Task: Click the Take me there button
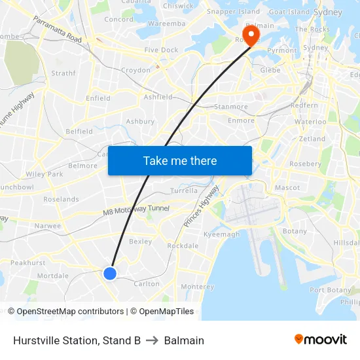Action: pos(180,160)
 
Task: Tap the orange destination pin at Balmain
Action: pos(251,34)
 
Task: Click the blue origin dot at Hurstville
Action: pos(110,274)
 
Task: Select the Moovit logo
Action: pos(321,340)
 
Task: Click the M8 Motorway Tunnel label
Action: pos(136,210)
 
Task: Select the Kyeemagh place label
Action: pos(222,234)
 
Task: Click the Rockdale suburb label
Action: pos(183,246)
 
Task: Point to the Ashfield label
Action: pos(158,97)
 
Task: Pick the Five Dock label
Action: pos(161,50)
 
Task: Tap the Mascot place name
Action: pos(287,187)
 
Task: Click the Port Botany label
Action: pos(331,290)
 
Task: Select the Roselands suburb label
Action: pos(61,199)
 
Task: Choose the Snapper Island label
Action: pos(233,12)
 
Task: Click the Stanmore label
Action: pos(231,107)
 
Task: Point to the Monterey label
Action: pos(197,287)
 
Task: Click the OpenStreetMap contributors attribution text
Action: pos(68,312)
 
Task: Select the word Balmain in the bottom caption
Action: pos(184,340)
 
